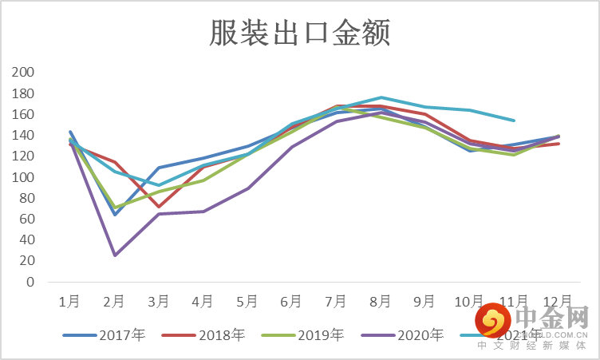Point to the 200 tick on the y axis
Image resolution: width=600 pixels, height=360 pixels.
(24, 73)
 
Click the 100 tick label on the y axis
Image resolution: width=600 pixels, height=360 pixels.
(24, 177)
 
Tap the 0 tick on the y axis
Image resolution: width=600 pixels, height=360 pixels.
(30, 282)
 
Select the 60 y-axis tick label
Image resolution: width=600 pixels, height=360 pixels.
(27, 220)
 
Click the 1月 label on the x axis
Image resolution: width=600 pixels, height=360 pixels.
(69, 302)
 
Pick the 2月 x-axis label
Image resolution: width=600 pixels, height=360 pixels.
(114, 302)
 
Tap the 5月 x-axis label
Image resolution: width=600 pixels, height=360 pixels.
(247, 302)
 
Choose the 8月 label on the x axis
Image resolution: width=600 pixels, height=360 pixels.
(381, 302)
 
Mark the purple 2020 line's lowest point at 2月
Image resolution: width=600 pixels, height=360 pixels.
(115, 255)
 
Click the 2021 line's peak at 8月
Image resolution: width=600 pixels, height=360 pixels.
(381, 97)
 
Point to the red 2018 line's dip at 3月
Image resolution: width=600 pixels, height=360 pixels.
(159, 207)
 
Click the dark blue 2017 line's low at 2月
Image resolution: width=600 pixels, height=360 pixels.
(115, 214)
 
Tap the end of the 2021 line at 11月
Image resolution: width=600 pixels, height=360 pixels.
(514, 121)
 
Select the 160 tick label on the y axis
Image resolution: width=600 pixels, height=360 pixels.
(24, 114)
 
